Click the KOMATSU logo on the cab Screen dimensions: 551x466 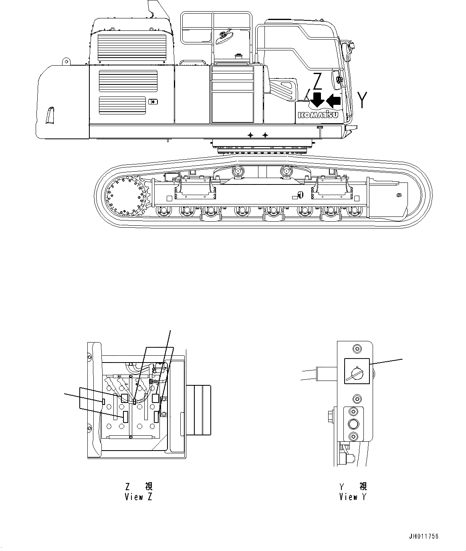tap(318, 115)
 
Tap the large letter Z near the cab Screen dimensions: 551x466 tap(317, 82)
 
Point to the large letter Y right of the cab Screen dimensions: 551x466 tap(362, 100)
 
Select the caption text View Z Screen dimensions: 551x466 tap(139, 497)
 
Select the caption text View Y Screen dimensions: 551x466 tap(353, 497)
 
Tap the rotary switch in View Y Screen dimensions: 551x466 tap(357, 371)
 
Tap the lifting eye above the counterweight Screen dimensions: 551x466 tap(65, 62)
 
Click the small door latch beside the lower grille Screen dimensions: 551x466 tap(153, 102)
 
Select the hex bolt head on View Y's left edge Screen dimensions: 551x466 tap(332, 414)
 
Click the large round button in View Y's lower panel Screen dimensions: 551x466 tap(353, 424)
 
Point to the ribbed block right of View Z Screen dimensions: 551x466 tap(199, 410)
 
